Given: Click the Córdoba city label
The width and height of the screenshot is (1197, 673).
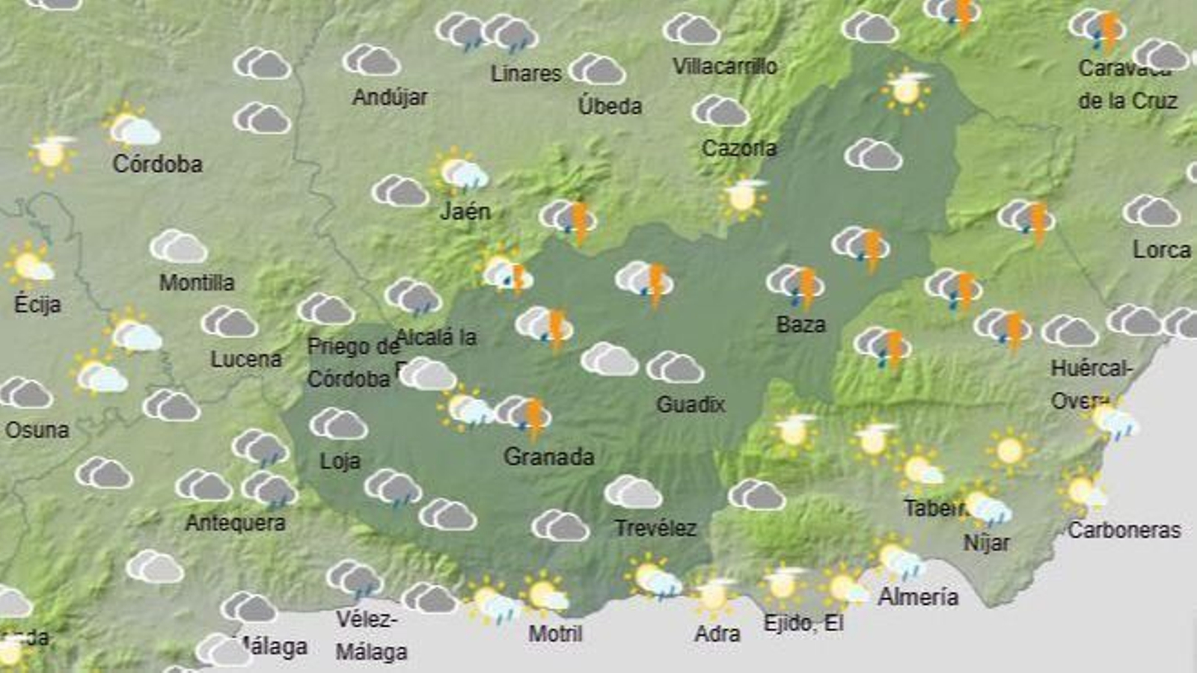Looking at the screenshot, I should click(x=157, y=164).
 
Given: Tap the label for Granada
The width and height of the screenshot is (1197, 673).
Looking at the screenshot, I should click(x=548, y=456).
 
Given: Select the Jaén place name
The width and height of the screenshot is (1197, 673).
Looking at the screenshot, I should click(x=465, y=212).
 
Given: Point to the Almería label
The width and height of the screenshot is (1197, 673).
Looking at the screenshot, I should click(x=918, y=597).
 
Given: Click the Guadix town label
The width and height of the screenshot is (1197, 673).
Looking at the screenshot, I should click(x=691, y=405).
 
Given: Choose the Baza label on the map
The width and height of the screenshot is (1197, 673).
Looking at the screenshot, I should click(x=800, y=325).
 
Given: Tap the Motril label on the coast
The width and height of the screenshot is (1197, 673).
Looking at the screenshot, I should click(x=555, y=634).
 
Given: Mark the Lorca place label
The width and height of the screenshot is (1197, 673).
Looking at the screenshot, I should click(x=1161, y=250).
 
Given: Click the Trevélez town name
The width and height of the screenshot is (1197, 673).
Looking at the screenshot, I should click(x=655, y=529).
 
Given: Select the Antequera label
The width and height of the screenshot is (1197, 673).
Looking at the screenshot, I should click(x=235, y=523).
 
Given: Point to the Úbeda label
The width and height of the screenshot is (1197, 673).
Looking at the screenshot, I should click(x=610, y=106).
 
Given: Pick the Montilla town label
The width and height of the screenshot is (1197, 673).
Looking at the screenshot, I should click(x=197, y=283).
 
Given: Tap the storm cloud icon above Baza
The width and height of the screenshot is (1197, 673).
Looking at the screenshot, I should click(x=795, y=285).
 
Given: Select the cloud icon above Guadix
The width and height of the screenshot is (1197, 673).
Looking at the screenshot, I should click(x=675, y=367).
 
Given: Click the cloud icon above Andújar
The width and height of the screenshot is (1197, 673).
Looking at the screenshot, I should click(x=371, y=61).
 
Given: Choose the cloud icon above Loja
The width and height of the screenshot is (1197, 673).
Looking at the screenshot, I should click(x=338, y=424).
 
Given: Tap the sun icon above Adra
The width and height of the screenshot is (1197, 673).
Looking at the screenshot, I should click(x=714, y=595).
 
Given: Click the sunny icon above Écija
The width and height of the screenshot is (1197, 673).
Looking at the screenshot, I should click(x=29, y=263).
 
